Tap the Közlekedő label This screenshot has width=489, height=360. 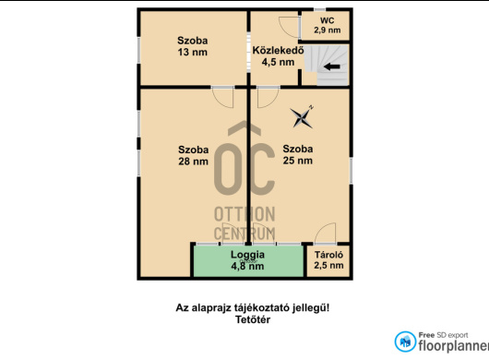[278, 51]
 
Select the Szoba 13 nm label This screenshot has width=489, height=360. [193, 46]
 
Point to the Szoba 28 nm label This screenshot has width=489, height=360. [194, 155]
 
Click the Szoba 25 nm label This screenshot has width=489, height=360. [298, 154]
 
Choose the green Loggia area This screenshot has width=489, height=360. [248, 261]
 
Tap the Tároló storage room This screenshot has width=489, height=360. [328, 261]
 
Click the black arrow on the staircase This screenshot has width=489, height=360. [332, 66]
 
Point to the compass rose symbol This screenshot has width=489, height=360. [302, 117]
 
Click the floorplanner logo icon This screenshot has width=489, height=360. [405, 342]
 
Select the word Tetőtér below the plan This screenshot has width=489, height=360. [253, 319]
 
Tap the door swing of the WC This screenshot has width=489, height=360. [289, 27]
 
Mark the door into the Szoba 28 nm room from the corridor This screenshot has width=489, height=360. [222, 97]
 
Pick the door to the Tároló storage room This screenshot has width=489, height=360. [326, 234]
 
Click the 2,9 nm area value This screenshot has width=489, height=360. [328, 30]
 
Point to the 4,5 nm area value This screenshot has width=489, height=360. [278, 62]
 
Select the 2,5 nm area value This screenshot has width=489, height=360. [328, 266]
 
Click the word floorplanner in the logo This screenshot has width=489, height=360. [453, 346]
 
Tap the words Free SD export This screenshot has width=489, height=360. [443, 335]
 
